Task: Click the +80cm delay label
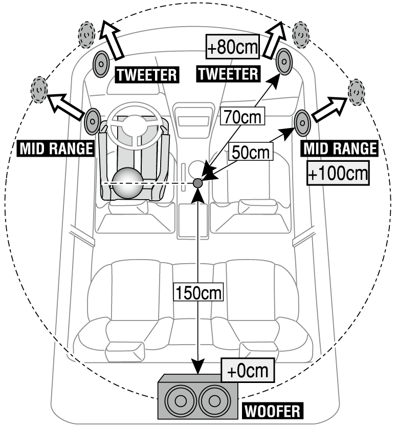(x=233, y=48)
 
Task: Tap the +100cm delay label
(x=338, y=175)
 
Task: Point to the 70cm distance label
(x=242, y=118)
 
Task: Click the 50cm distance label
(x=250, y=151)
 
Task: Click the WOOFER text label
(x=272, y=411)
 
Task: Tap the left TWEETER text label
(x=147, y=75)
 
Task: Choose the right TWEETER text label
(x=228, y=74)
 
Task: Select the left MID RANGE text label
(x=56, y=148)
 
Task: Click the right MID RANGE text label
(x=340, y=148)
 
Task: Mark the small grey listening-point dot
(x=198, y=182)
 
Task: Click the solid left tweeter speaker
(x=100, y=63)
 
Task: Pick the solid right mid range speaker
(x=302, y=123)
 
